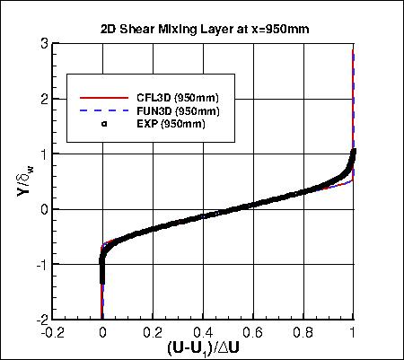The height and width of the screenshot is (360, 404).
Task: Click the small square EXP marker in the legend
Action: [x=104, y=124]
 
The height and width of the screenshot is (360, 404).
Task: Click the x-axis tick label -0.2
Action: [x=52, y=329]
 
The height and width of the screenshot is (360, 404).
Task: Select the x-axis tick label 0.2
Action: [x=153, y=329]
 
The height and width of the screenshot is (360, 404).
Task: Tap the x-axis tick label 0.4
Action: [x=203, y=329]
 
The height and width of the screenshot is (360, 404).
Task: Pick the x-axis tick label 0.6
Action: [x=253, y=329]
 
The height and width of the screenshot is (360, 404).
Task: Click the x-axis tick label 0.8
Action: [x=303, y=329]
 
